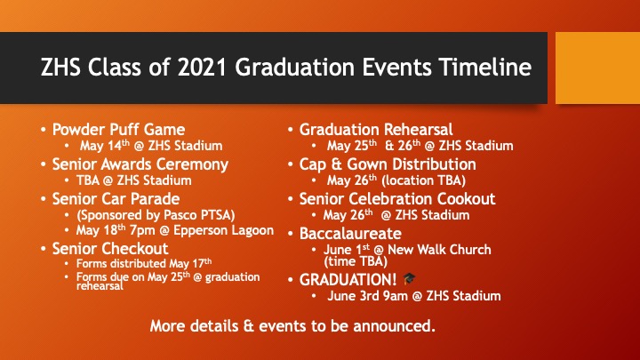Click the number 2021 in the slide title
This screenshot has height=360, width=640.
click(202, 67)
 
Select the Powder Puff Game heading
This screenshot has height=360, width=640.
click(118, 130)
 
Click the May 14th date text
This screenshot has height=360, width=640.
click(105, 145)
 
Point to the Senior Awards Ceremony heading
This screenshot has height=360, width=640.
click(140, 164)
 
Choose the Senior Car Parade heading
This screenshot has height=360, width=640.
click(116, 199)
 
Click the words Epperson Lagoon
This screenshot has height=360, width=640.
click(224, 230)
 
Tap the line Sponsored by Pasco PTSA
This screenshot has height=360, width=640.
click(156, 215)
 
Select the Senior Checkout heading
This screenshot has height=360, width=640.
click(110, 249)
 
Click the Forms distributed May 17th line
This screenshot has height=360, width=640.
click(144, 263)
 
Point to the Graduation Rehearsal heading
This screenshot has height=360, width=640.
click(376, 130)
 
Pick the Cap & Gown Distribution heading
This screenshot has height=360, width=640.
click(388, 164)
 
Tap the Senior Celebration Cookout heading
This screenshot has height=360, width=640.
click(397, 199)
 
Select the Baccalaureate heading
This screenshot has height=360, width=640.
click(350, 234)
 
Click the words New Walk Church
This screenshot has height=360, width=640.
click(439, 250)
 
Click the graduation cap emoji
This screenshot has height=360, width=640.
click(409, 279)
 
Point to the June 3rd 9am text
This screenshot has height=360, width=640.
click(367, 296)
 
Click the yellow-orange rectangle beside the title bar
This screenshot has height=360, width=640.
click(598, 68)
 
